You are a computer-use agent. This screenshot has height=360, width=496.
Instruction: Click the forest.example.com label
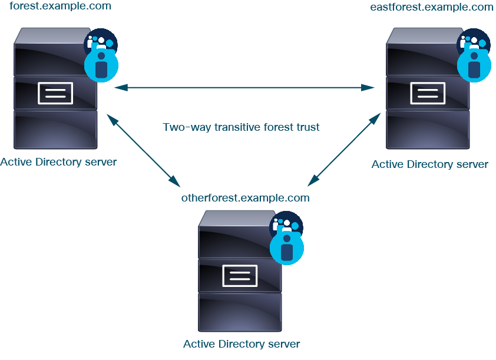(x=60, y=6)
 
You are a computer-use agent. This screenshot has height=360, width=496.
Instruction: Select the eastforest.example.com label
(x=431, y=7)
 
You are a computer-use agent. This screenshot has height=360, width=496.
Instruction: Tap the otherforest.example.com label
(x=245, y=197)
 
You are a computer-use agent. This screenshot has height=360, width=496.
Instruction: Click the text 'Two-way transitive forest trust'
(x=241, y=127)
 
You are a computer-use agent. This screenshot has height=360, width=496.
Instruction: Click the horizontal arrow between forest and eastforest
(x=244, y=88)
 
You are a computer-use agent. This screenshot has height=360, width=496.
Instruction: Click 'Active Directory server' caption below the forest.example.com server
(x=58, y=162)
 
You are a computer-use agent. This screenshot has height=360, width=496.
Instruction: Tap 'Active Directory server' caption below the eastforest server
(x=429, y=164)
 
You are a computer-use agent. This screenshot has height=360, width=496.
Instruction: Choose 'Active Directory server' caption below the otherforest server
(x=242, y=344)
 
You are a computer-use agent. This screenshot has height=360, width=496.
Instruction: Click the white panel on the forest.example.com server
(x=55, y=93)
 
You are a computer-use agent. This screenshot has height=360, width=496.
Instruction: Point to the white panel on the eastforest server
(x=428, y=93)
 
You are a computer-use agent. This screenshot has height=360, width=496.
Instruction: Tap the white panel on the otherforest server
(x=240, y=275)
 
